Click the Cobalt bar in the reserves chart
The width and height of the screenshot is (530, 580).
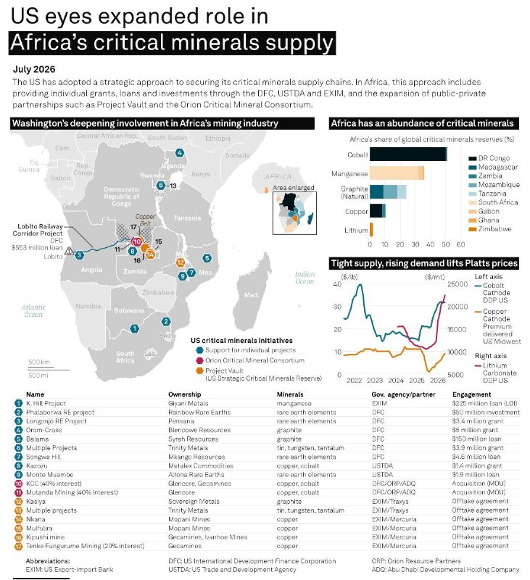[408, 154]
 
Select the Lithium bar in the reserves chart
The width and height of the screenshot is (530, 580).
[371, 230]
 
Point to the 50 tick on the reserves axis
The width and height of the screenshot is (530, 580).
[446, 244]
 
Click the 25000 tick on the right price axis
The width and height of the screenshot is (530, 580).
[457, 284]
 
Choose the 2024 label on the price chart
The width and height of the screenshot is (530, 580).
[396, 380]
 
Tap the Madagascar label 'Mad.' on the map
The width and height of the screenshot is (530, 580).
[252, 295]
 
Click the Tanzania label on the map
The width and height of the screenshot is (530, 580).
[188, 218]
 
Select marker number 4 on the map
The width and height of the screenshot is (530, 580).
[180, 152]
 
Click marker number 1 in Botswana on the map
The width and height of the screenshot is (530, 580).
[134, 328]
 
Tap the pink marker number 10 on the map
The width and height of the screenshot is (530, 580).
[137, 241]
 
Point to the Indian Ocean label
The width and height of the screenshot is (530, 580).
[305, 278]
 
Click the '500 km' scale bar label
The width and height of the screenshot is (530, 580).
[39, 362]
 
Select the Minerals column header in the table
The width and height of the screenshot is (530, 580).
[290, 394]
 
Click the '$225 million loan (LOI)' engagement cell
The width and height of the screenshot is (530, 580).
[484, 403]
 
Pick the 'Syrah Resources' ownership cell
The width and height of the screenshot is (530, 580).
[193, 439]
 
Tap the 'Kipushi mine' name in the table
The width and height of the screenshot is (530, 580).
[45, 536]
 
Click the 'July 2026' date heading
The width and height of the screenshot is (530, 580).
[34, 69]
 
